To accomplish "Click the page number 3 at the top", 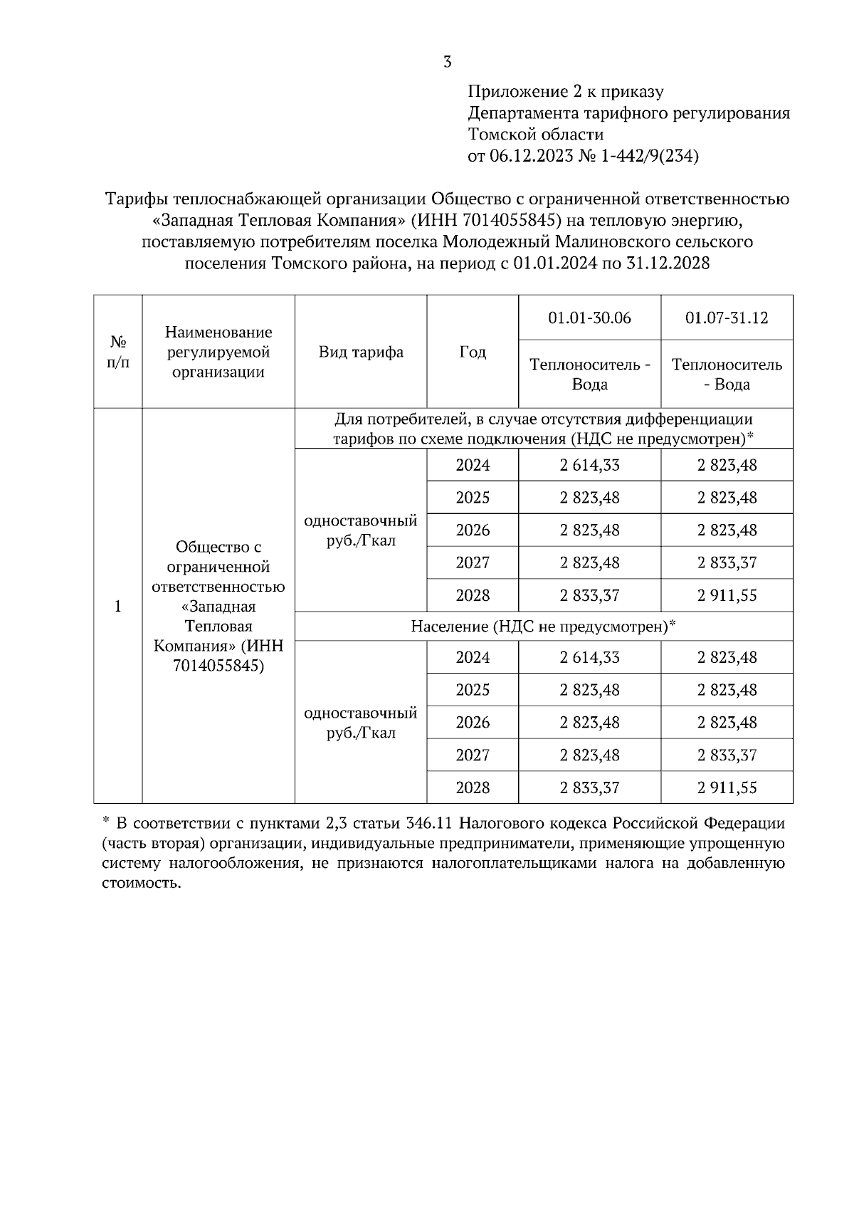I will tap(447, 62).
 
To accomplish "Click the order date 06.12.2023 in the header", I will tap(531, 156).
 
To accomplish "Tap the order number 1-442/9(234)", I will tap(650, 156).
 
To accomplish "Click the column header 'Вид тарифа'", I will tap(361, 352).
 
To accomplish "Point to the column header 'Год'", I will tap(473, 352).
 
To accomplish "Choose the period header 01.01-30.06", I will tap(589, 318).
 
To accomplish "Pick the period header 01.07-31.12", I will tap(727, 318).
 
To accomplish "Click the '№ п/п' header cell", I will tap(118, 352).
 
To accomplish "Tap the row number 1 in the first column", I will tap(118, 606).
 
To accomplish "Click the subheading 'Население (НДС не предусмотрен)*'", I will tap(543, 627).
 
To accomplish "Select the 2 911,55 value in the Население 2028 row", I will tap(727, 787).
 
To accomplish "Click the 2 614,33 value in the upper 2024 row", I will tap(589, 465).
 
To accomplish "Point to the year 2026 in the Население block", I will tap(473, 723).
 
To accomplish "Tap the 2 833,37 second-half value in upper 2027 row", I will tap(727, 562).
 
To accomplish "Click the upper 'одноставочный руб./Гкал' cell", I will tap(361, 530).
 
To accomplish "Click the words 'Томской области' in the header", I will tap(536, 135).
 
